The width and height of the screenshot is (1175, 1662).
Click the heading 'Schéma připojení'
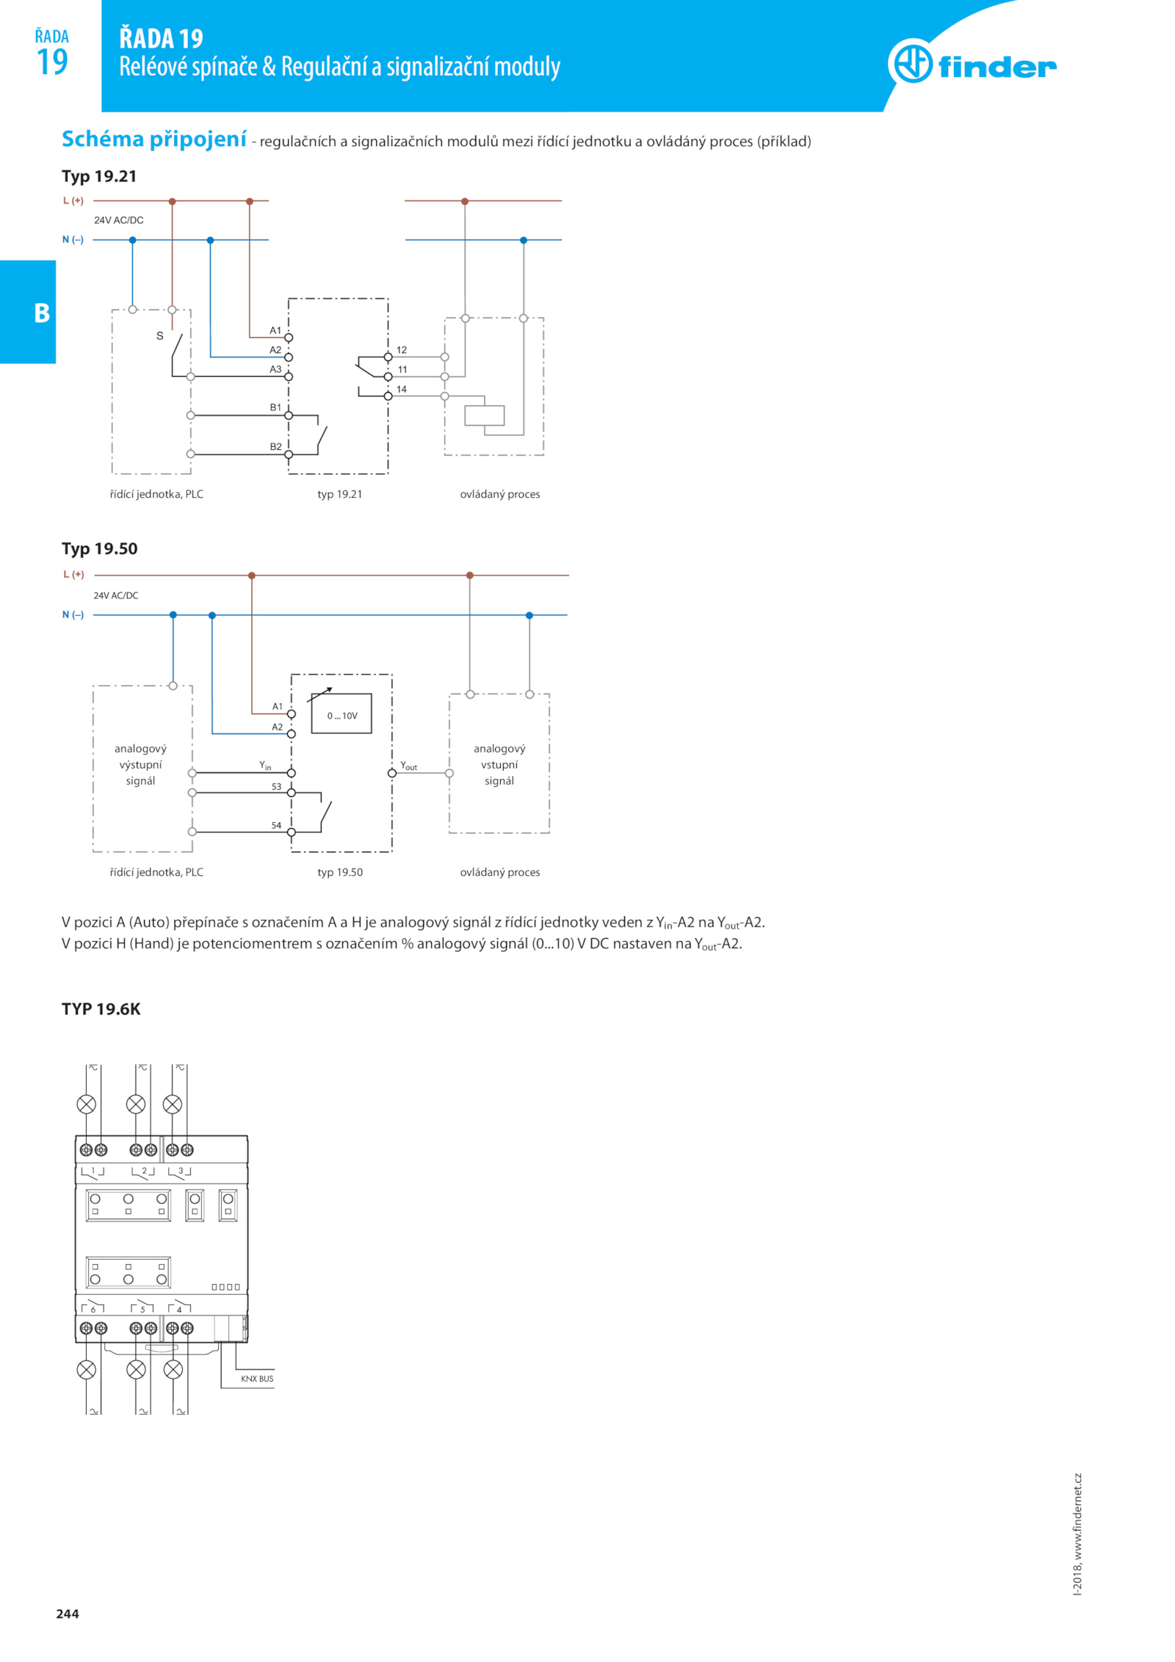point(154,139)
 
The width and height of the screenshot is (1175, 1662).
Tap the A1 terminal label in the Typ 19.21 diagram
point(275,330)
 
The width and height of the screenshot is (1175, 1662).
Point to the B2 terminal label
point(275,446)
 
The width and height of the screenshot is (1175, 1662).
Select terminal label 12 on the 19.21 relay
point(402,350)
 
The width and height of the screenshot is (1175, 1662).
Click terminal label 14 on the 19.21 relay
point(402,389)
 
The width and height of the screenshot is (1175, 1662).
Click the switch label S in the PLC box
point(159,336)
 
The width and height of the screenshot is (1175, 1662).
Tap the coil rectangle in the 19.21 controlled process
point(485,415)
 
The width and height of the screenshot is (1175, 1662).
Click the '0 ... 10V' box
point(341,714)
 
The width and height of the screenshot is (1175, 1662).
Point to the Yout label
point(408,766)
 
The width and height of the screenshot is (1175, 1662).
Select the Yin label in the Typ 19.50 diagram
point(265,766)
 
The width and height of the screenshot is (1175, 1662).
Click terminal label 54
point(276,825)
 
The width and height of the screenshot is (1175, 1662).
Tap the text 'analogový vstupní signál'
point(499,764)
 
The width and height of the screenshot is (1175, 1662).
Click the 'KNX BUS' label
point(257,1379)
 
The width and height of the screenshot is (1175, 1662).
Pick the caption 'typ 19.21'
point(340,494)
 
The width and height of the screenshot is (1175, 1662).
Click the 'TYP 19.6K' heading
point(101,1009)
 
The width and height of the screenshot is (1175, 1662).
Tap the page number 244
point(68,1614)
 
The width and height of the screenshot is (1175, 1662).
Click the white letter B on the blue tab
point(43,313)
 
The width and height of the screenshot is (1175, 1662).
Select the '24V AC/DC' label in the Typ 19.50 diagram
point(116,595)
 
